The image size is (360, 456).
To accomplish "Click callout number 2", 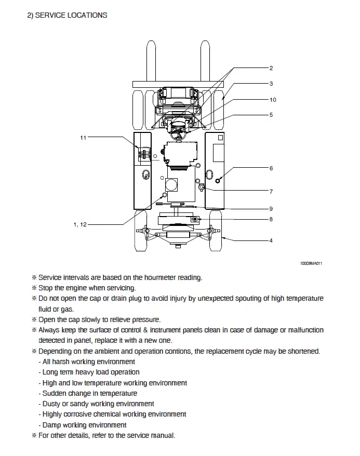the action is pyautogui.click(x=271, y=68).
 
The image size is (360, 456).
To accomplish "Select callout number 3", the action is pyautogui.click(x=271, y=84).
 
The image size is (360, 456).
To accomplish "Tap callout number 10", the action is pyautogui.click(x=273, y=100).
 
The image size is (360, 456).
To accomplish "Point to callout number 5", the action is pyautogui.click(x=271, y=115).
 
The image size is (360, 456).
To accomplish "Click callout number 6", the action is pyautogui.click(x=271, y=168).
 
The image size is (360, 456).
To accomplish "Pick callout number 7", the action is pyautogui.click(x=271, y=192).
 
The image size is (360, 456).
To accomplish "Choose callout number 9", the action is pyautogui.click(x=271, y=209).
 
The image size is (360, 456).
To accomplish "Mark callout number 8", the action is pyautogui.click(x=271, y=219).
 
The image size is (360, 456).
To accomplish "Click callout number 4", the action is pyautogui.click(x=271, y=240).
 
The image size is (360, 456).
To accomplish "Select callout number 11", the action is pyautogui.click(x=83, y=138).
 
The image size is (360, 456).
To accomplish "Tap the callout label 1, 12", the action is pyautogui.click(x=80, y=224).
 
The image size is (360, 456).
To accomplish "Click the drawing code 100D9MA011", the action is pyautogui.click(x=311, y=263).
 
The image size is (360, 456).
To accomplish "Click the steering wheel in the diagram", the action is pyautogui.click(x=179, y=134).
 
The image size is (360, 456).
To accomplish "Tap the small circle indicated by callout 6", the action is pyautogui.click(x=218, y=181).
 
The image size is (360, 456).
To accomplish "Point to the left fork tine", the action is pyautogui.click(x=151, y=61).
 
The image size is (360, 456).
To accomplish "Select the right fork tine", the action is pyautogui.click(x=205, y=61).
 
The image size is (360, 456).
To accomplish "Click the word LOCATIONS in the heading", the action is pyautogui.click(x=87, y=15).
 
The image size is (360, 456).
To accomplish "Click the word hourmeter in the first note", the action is pyautogui.click(x=160, y=277).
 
